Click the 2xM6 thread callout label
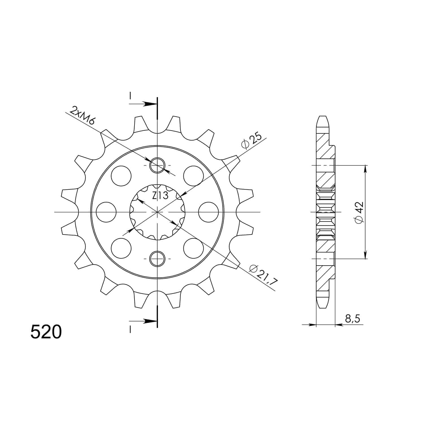[x=83, y=116]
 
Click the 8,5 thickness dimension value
[x=352, y=319]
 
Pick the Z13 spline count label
[x=160, y=196]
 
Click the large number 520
[x=45, y=332]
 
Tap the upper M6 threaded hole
[x=157, y=165]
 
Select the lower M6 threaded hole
[x=157, y=258]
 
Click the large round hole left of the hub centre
[x=106, y=212]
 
